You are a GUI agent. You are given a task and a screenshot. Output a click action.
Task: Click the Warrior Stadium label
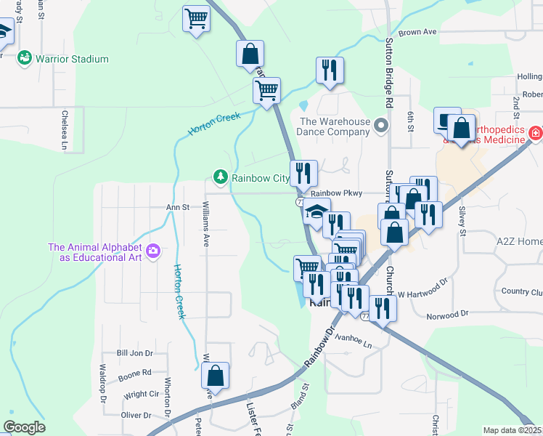click(73, 59)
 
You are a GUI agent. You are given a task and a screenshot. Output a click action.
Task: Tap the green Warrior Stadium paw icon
click(25, 57)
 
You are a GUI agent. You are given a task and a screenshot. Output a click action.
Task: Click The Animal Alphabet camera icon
click(152, 251)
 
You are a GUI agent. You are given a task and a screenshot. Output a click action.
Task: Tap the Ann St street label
click(177, 207)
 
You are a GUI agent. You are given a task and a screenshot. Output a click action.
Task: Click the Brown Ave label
click(417, 33)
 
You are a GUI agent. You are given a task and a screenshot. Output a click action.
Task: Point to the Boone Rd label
click(135, 373)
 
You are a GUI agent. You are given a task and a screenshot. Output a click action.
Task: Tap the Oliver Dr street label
click(136, 416)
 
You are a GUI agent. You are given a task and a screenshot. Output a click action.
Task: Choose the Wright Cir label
click(141, 395)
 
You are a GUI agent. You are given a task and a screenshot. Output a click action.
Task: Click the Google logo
click(24, 427)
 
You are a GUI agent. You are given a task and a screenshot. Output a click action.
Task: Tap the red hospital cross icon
click(535, 134)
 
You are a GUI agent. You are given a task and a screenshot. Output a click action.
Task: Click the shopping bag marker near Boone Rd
click(215, 377)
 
